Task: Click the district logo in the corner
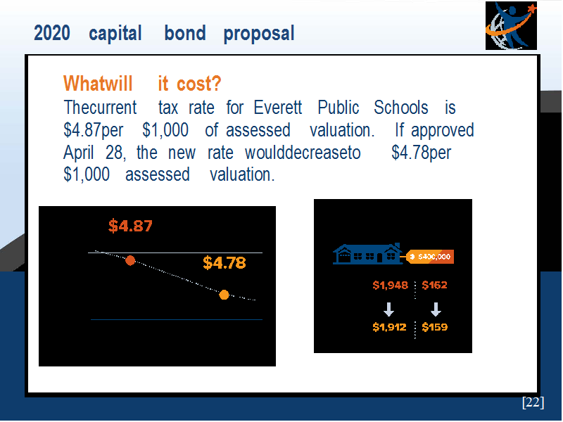click(511, 25)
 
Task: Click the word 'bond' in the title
click(185, 33)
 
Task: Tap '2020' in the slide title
click(52, 33)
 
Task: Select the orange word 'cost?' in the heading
click(199, 84)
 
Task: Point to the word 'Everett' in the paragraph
click(278, 108)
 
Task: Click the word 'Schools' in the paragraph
click(401, 108)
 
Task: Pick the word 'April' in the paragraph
click(79, 153)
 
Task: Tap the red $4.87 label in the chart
click(130, 226)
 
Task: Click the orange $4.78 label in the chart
click(224, 262)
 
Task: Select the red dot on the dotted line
click(130, 260)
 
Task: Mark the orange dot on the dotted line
click(224, 295)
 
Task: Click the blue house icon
click(368, 254)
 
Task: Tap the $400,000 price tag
click(431, 257)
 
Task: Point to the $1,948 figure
click(391, 286)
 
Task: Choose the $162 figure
click(434, 286)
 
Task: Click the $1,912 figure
click(390, 327)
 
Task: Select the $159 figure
click(435, 327)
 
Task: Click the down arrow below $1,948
click(389, 309)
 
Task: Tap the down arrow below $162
click(436, 309)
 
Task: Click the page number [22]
click(533, 402)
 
